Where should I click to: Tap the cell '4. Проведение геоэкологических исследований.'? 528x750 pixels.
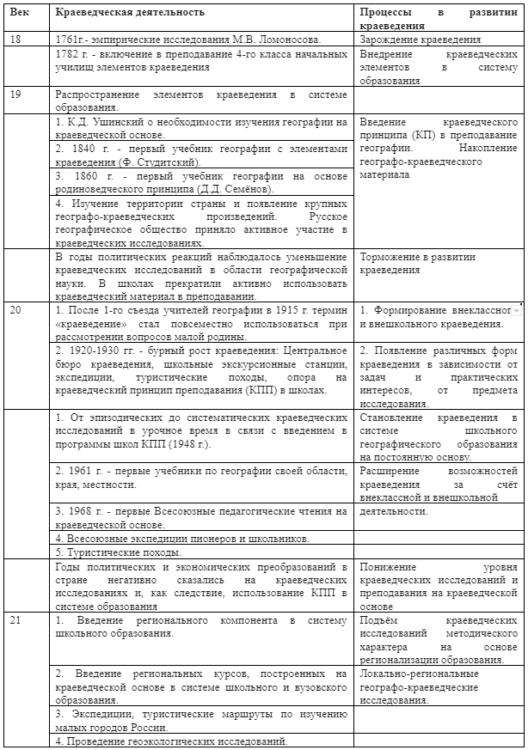170,741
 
